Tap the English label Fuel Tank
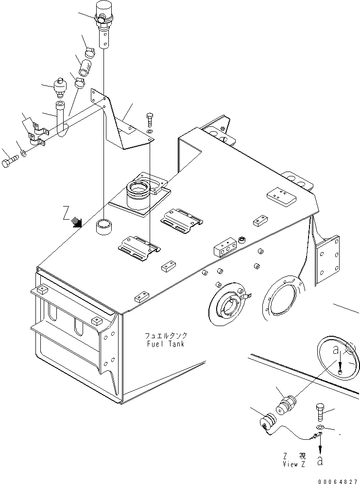tap(166, 344)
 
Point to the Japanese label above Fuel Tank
tap(166, 336)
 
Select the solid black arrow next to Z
tap(76, 222)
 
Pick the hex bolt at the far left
tap(9, 163)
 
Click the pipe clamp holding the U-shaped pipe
tap(36, 137)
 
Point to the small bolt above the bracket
tap(150, 120)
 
